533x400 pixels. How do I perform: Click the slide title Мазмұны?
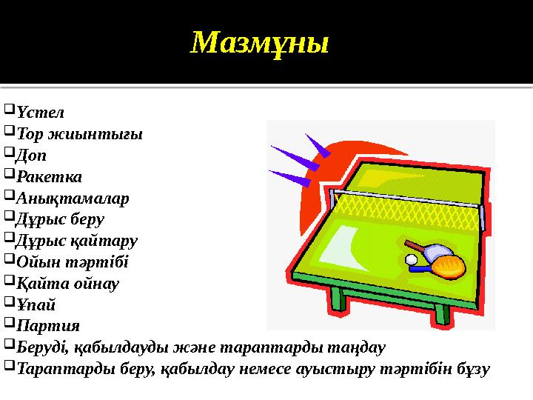pyautogui.click(x=259, y=44)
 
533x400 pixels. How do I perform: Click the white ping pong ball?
pyautogui.click(x=411, y=259)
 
